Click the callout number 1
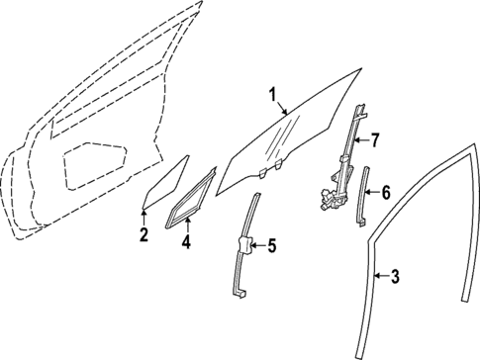point(271,95)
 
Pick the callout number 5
point(272,246)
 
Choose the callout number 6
point(386,191)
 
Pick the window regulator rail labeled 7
point(348,148)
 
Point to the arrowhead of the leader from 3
point(376,272)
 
